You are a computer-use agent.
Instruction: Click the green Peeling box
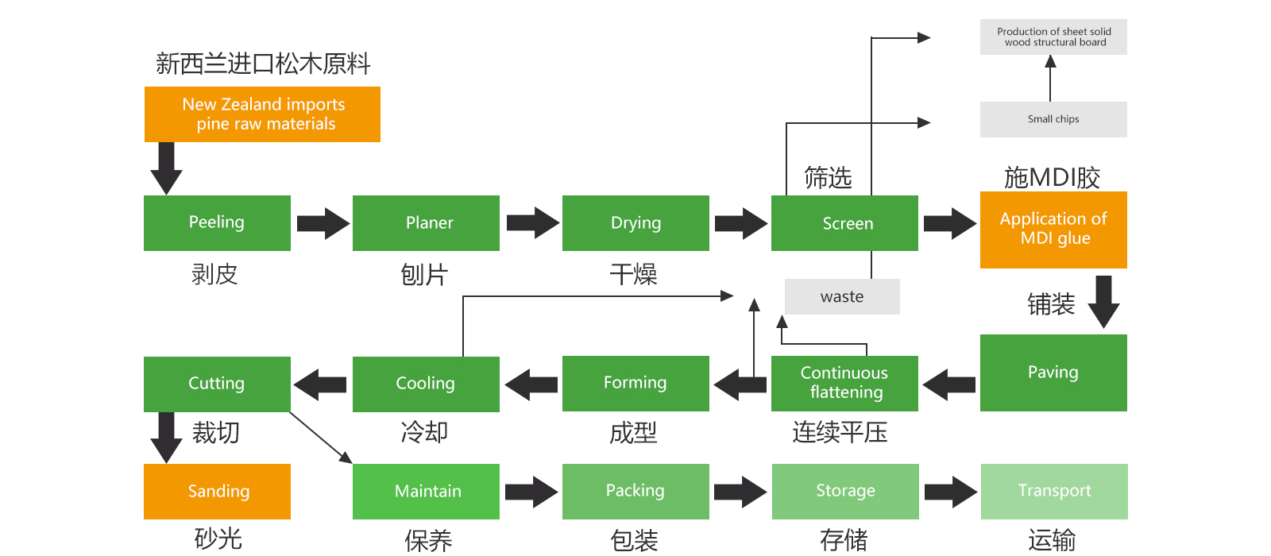217,222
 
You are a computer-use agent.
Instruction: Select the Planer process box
426,222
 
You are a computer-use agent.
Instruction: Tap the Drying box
635,222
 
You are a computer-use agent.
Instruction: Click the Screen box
844,223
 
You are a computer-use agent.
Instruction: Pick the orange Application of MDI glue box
1053,229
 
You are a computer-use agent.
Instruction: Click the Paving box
1053,373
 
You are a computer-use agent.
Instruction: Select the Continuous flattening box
844,383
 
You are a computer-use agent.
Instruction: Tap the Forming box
635,383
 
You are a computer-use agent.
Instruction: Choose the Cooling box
426,384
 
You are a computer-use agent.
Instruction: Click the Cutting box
217,384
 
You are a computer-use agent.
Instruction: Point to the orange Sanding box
217,491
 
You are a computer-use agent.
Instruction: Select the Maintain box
426,491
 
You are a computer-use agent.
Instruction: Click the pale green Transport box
1054,491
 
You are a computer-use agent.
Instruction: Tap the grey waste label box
842,296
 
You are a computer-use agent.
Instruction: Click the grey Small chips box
1053,119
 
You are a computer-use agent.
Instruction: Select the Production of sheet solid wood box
1053,37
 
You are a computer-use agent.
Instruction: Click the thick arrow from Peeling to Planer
323,223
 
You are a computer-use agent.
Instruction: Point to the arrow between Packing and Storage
740,492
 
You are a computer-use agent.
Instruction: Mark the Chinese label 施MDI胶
1052,177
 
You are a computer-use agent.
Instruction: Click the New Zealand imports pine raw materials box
262,114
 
